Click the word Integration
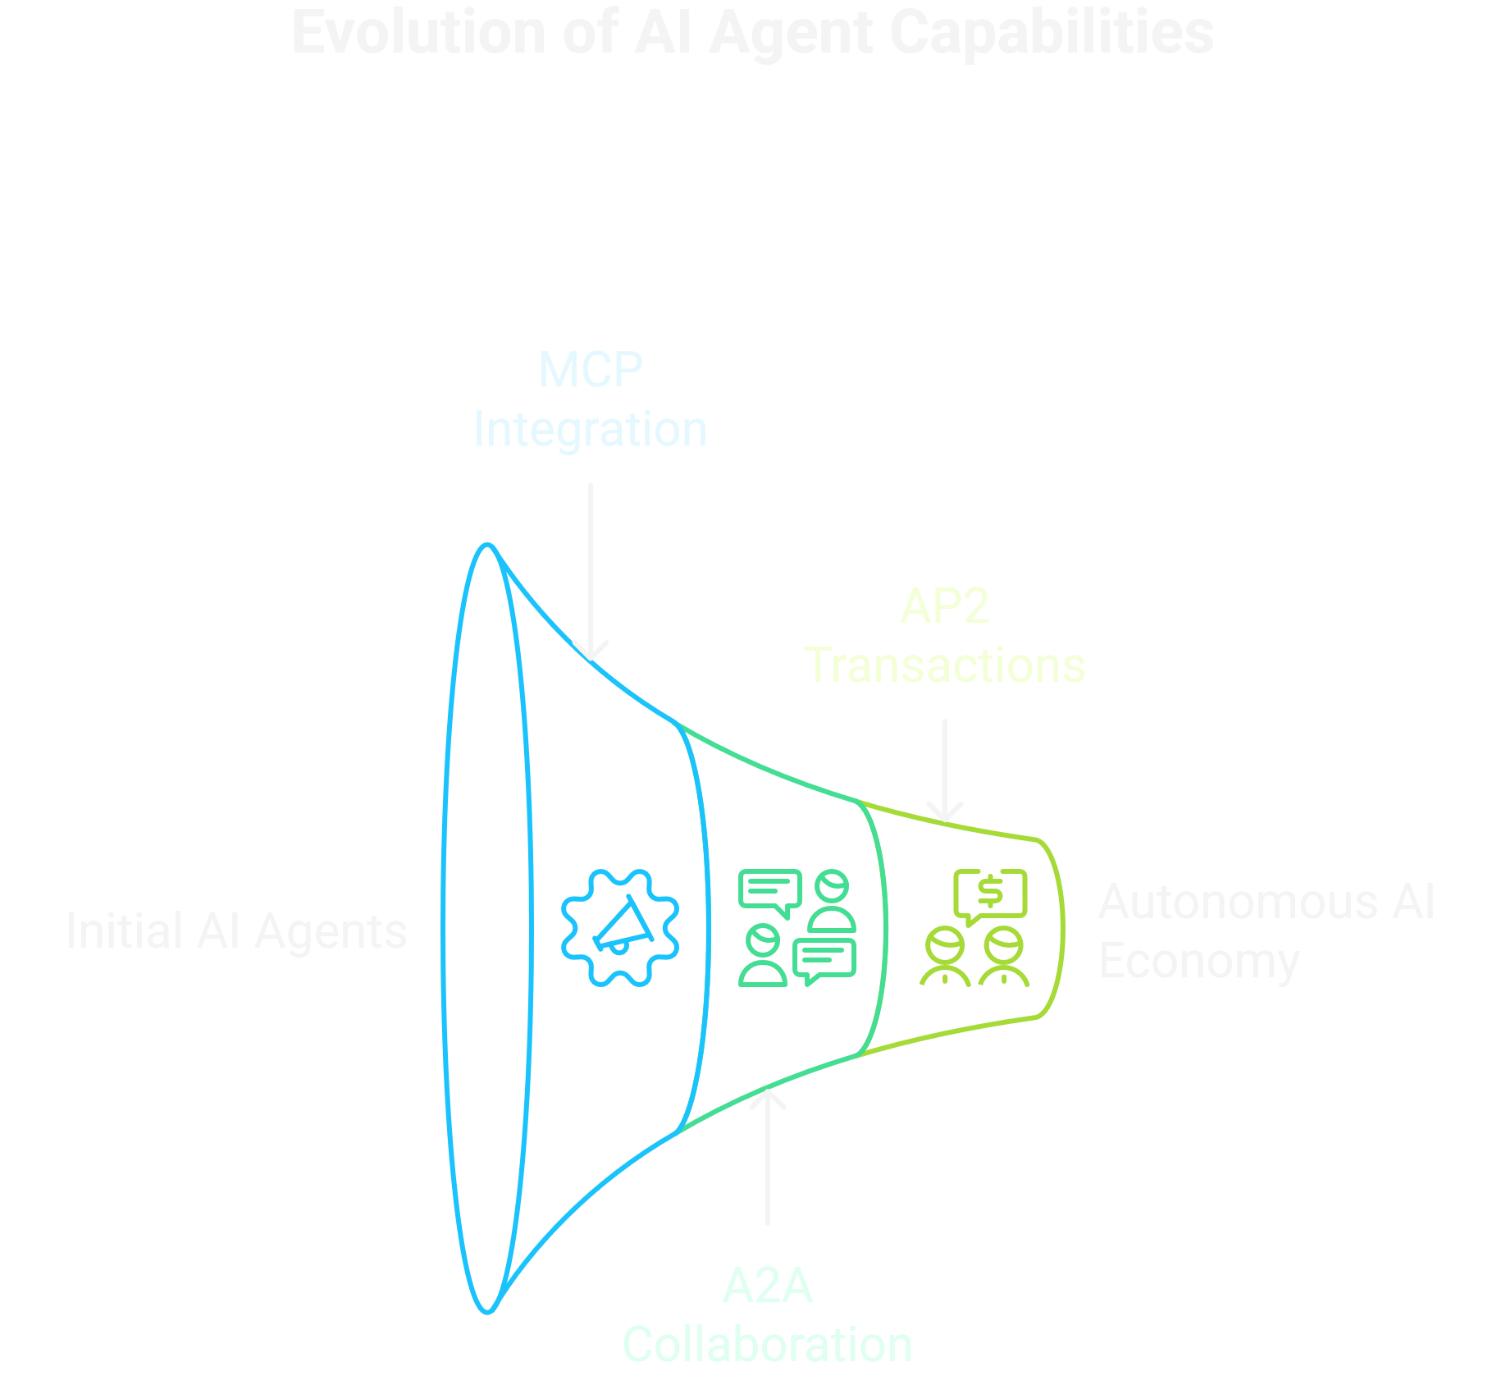tap(591, 429)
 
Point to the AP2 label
tap(945, 606)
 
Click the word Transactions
tap(945, 665)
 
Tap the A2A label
tap(768, 1286)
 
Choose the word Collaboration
tap(768, 1345)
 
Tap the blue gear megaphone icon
tap(620, 928)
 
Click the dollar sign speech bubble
tap(990, 894)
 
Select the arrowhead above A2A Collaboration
tap(768, 1095)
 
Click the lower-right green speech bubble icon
tap(825, 961)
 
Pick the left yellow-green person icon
tap(945, 957)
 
